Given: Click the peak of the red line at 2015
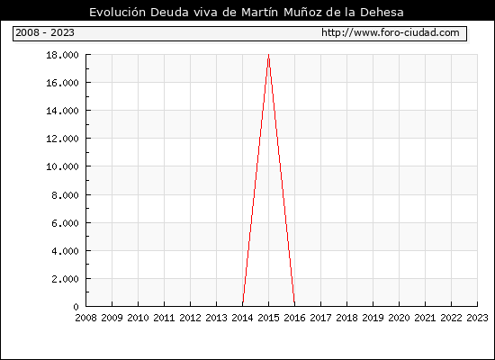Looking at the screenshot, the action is (x=269, y=55).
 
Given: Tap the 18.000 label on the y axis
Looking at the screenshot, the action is (x=62, y=55).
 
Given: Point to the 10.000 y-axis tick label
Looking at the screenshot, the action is (x=62, y=166).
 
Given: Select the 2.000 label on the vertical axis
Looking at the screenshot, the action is (x=65, y=279).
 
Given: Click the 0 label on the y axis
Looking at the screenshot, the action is (x=76, y=307).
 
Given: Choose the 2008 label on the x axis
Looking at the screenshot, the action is (x=85, y=318).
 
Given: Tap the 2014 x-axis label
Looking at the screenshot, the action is (x=242, y=318).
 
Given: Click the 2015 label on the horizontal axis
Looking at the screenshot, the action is (x=269, y=318).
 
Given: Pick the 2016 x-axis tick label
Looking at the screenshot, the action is (x=295, y=318).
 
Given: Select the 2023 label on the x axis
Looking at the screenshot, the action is (x=477, y=318).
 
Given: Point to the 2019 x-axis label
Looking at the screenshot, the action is (x=373, y=318).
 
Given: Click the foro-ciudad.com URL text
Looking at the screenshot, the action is (x=391, y=32).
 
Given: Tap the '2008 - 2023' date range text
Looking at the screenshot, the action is (x=45, y=32).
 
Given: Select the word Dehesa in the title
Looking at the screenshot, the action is (x=382, y=13).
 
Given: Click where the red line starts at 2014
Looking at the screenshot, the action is (x=243, y=306).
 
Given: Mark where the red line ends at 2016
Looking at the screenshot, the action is (x=294, y=306).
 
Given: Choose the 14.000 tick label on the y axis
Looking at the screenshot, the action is (x=62, y=111).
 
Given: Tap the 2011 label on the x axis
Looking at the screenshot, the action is (x=164, y=318).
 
